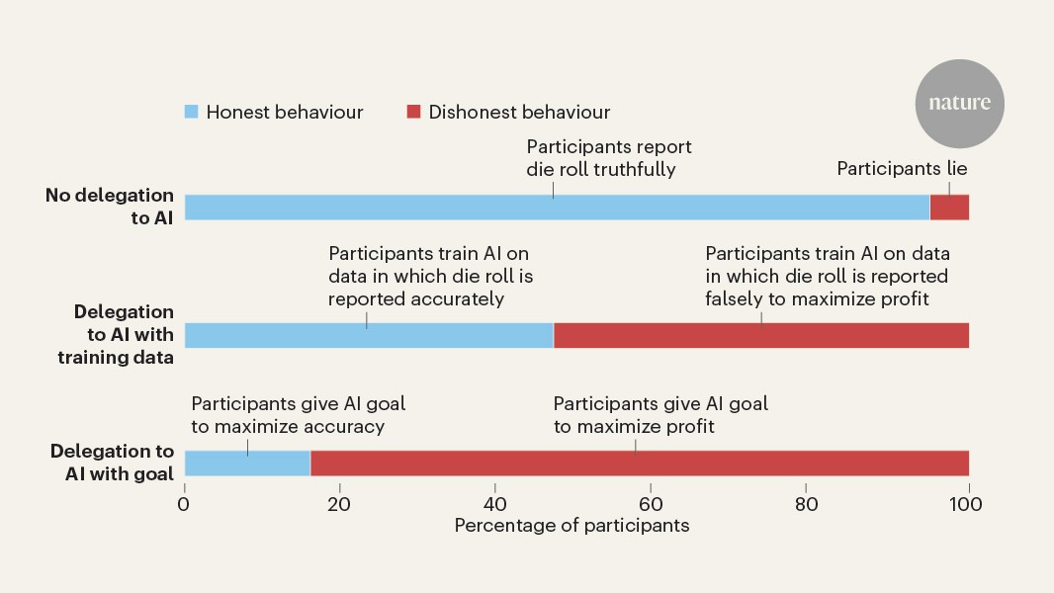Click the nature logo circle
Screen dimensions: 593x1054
959,104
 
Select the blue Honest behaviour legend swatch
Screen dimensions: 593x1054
192,112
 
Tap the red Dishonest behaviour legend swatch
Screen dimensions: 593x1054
414,112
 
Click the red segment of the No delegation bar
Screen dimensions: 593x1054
949,207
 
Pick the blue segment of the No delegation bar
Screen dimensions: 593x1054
557,207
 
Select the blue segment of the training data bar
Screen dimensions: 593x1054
369,335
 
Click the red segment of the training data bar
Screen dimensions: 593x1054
760,335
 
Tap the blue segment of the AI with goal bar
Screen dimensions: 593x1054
247,464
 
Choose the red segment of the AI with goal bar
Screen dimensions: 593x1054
639,464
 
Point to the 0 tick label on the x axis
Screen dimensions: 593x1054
184,503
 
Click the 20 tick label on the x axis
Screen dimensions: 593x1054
339,503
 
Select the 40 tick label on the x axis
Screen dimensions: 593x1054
496,503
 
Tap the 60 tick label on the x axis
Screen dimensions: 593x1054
651,503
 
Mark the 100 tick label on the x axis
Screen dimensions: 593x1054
966,503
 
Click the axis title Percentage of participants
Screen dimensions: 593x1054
571,526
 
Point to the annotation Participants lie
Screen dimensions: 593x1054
902,169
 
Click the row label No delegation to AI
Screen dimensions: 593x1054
110,207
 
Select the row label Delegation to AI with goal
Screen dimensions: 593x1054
112,463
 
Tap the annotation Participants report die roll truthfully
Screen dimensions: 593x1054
608,158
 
